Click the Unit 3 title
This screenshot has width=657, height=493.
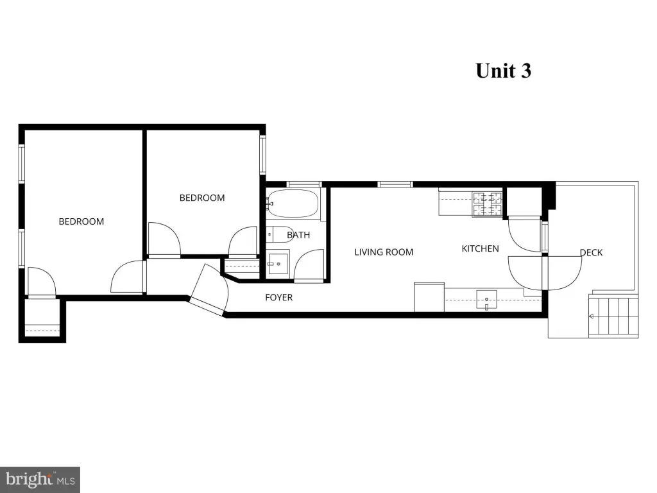click(503, 71)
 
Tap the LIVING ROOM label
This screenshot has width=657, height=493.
click(384, 252)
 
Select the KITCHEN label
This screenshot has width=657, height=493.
click(480, 248)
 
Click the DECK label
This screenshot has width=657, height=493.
click(591, 252)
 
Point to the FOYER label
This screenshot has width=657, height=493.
click(279, 298)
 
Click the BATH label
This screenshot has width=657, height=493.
click(298, 235)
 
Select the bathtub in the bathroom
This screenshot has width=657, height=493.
click(292, 204)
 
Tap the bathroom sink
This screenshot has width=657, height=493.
click(278, 263)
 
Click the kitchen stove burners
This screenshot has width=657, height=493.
click(487, 204)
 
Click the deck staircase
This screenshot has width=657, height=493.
click(614, 316)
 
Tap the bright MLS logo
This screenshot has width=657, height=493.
click(40, 480)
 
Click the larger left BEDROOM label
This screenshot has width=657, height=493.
click(81, 221)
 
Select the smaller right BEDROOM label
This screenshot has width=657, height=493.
click(202, 198)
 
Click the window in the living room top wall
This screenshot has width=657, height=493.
click(395, 184)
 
